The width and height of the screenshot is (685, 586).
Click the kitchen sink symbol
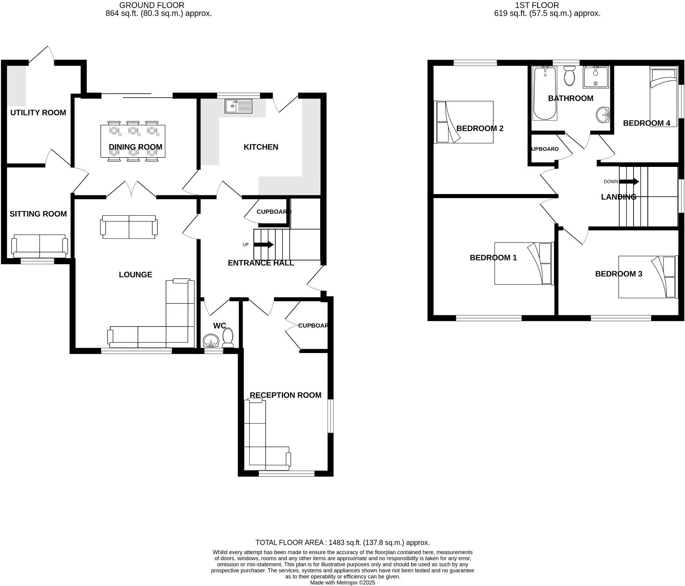(x=238, y=106)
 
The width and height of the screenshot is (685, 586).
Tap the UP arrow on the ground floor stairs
(x=264, y=245)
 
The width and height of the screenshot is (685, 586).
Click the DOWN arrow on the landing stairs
(x=629, y=181)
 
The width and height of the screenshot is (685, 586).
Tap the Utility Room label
(x=38, y=113)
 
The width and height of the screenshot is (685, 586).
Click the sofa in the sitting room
(x=40, y=246)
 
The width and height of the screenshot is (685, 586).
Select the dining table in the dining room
(x=133, y=141)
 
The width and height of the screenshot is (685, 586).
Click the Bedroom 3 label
(x=619, y=274)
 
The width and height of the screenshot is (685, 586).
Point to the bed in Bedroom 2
(x=464, y=122)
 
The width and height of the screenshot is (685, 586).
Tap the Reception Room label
(x=285, y=395)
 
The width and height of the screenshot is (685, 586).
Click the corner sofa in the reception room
(x=261, y=442)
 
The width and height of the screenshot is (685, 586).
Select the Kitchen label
(x=261, y=147)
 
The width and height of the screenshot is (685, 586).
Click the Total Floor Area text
(x=342, y=543)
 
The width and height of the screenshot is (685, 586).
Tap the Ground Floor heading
(x=152, y=5)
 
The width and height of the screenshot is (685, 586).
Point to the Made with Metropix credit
(x=342, y=583)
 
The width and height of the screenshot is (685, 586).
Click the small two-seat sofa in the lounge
(x=129, y=227)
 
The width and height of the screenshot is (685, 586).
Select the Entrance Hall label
(x=261, y=263)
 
